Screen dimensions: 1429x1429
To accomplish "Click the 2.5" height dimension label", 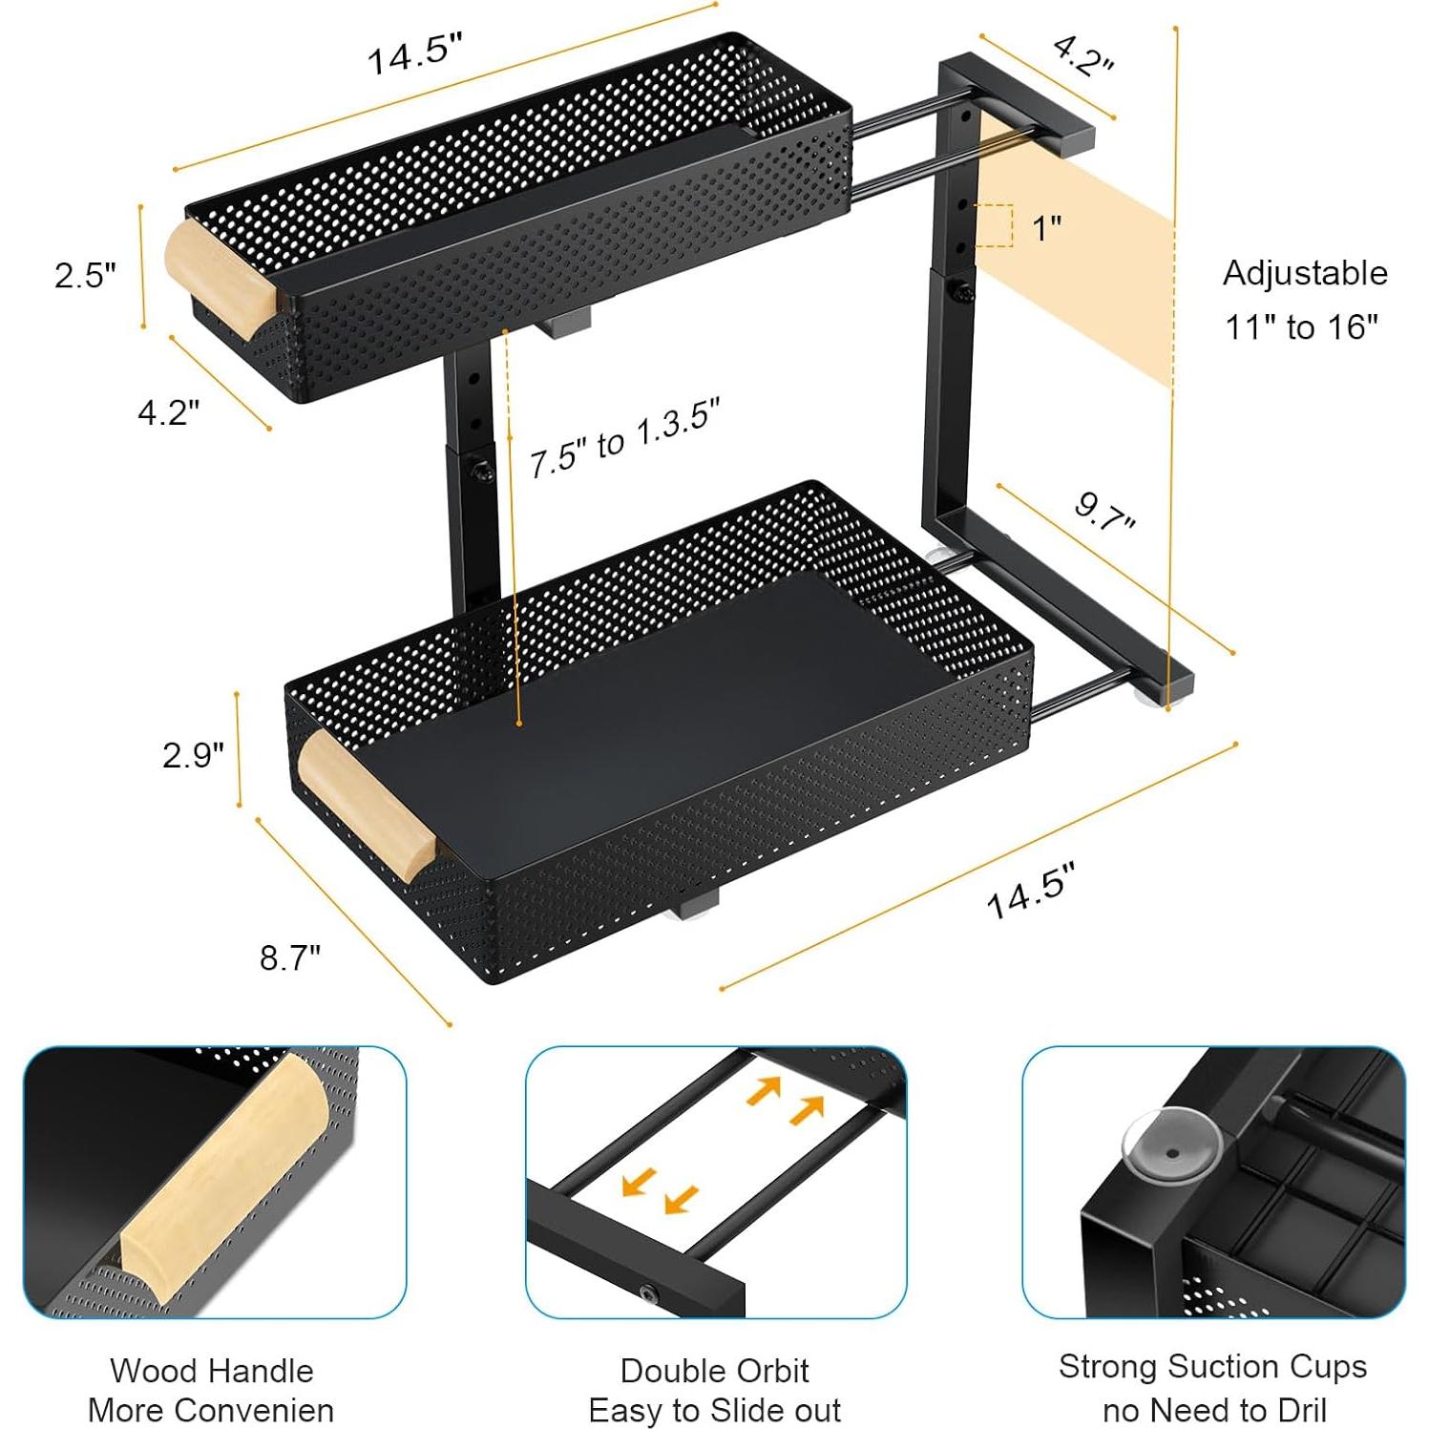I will coord(85,275).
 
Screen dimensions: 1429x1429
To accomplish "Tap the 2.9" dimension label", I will coord(193,755).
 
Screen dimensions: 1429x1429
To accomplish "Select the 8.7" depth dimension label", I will coord(290,956).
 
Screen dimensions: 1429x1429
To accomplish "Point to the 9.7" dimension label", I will coord(1104,513).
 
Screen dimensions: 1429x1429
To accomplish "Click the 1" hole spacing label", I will coord(1046,228).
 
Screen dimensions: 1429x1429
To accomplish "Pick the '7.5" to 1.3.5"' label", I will coord(624,438).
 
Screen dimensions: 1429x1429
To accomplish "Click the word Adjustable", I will coord(1304,273).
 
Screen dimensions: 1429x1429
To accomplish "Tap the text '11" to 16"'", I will coord(1301,327).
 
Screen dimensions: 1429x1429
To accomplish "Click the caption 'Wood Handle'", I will coord(211,1371).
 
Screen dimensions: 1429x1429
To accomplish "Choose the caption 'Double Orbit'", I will coord(714,1371).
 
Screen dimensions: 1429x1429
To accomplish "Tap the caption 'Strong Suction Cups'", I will coord(1212,1367).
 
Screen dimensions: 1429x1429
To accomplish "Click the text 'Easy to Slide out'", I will coord(714,1410).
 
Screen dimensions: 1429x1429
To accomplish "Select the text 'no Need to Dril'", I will coord(1214,1410).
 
